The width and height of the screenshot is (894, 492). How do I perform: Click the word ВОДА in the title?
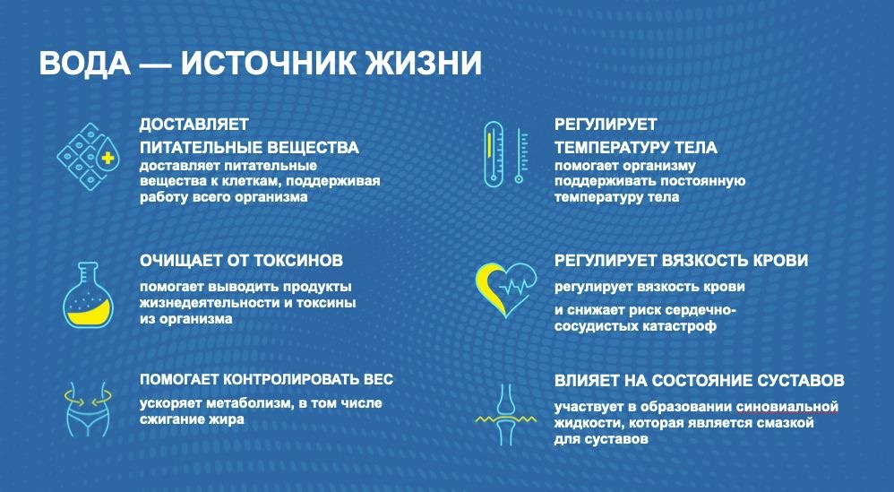pyautogui.click(x=84, y=63)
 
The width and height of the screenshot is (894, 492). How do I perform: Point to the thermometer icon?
pyautogui.click(x=506, y=154)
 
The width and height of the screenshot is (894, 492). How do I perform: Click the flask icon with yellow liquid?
pyautogui.click(x=88, y=295)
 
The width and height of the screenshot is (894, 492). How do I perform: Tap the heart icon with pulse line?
pyautogui.click(x=506, y=289)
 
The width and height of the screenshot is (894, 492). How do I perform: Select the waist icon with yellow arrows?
pyautogui.click(x=88, y=408)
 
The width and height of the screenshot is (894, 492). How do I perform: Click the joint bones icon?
pyautogui.click(x=506, y=414)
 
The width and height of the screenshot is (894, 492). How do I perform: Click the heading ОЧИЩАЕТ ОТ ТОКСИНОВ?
pyautogui.click(x=241, y=261)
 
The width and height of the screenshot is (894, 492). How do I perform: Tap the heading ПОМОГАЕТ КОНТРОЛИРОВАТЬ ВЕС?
pyautogui.click(x=266, y=379)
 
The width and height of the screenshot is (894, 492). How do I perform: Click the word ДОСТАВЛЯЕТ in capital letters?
pyautogui.click(x=194, y=125)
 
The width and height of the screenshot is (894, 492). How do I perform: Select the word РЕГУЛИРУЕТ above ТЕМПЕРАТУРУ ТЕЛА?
pyautogui.click(x=606, y=125)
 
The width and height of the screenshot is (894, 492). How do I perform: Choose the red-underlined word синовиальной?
pyautogui.click(x=787, y=407)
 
